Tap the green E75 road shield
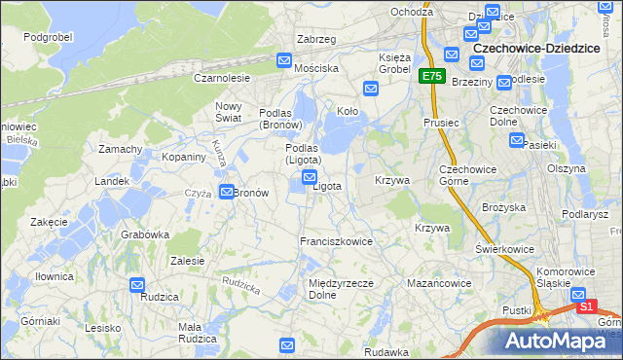(x=432, y=75)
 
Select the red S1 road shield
(x=586, y=306)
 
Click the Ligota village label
(x=326, y=186)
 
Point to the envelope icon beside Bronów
(x=226, y=192)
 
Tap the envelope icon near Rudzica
(x=137, y=284)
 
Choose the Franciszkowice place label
(x=336, y=241)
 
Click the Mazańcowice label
(x=438, y=283)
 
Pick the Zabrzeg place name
(x=315, y=39)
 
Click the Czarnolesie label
(x=222, y=77)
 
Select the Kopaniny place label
(x=183, y=157)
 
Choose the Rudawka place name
(x=385, y=352)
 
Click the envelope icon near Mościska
(x=284, y=60)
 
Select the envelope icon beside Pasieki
(x=517, y=140)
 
